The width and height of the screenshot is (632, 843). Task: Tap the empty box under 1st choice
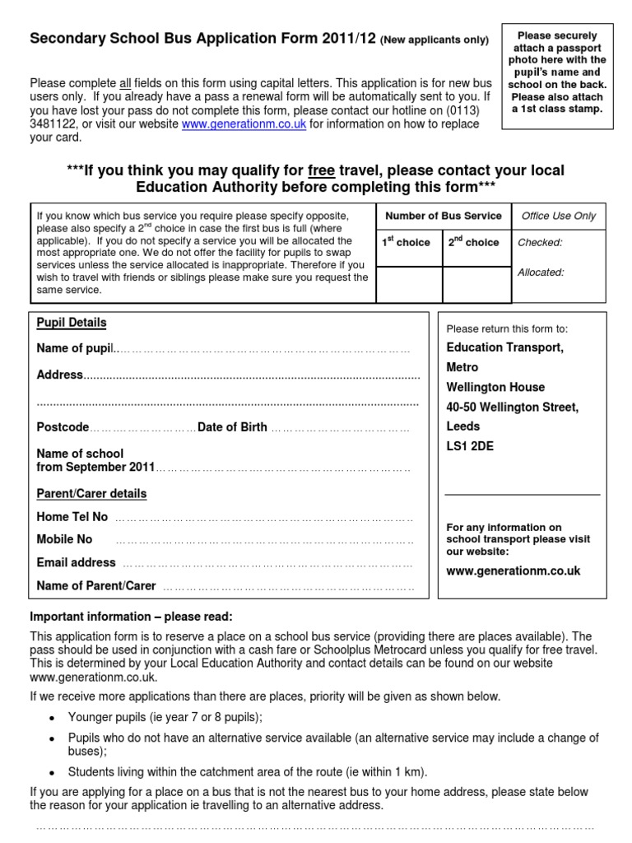[408, 284]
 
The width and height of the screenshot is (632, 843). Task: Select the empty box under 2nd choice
[475, 284]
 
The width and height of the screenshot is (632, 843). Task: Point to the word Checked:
[539, 243]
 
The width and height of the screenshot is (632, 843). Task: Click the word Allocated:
[541, 272]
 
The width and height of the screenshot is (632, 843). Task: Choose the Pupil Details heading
[72, 323]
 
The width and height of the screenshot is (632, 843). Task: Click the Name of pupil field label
[75, 349]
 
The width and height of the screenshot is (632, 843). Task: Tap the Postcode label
[63, 427]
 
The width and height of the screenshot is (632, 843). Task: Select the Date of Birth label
[232, 427]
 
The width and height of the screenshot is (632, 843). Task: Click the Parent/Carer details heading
[91, 494]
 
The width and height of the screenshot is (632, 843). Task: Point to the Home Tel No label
[72, 517]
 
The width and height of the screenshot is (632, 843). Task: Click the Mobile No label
[65, 540]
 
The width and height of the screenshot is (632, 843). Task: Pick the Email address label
[77, 563]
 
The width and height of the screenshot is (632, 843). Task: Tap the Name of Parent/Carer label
[96, 586]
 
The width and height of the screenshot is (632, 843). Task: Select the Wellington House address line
[495, 387]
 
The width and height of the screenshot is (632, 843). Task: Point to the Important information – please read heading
[132, 617]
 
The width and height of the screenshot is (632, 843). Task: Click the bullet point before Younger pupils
[52, 717]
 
